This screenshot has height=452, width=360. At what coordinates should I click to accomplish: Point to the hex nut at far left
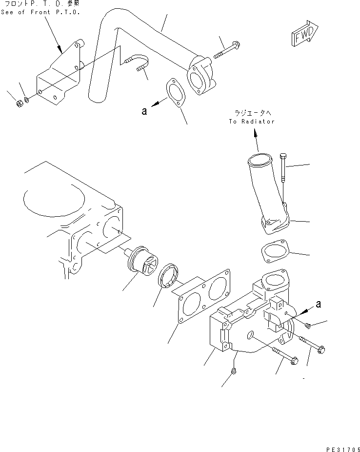click(17, 103)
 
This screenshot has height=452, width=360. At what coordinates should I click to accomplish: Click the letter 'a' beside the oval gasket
click(144, 111)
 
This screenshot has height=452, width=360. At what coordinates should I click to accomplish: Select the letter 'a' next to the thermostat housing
click(318, 304)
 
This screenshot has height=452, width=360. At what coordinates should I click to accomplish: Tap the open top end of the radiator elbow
click(259, 159)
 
